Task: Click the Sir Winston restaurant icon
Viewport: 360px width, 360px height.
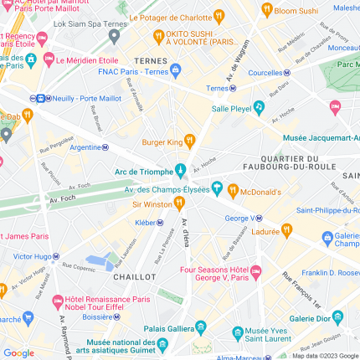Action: click(179, 203)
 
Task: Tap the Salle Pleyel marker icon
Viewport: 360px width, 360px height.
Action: click(260, 108)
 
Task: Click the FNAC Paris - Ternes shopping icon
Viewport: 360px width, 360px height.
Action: click(175, 70)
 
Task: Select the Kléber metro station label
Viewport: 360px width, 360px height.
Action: click(145, 223)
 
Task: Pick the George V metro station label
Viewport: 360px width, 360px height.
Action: click(239, 218)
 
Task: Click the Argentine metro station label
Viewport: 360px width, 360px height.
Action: click(85, 147)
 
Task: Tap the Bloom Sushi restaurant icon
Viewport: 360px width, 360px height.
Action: click(267, 10)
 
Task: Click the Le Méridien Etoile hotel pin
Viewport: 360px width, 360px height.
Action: click(48, 60)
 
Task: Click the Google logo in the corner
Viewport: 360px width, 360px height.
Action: click(18, 352)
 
